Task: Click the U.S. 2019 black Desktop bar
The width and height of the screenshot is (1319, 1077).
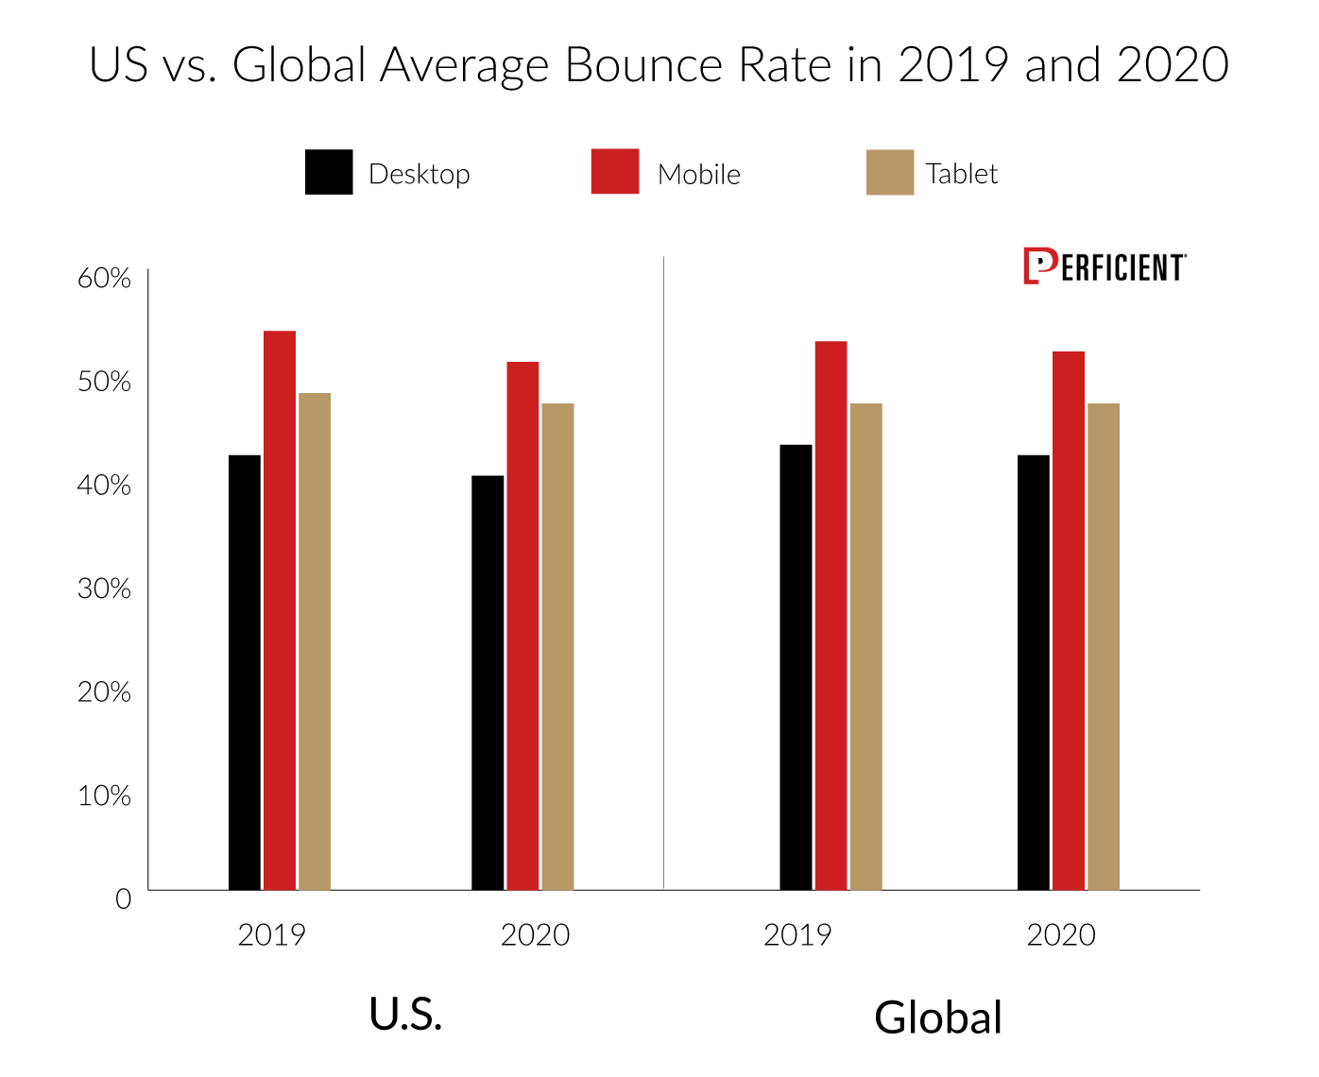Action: click(245, 672)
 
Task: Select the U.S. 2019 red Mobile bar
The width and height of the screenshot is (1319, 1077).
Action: click(280, 610)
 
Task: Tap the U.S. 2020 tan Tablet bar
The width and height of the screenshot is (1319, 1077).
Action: click(557, 646)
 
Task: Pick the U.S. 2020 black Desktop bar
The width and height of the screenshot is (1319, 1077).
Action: click(488, 682)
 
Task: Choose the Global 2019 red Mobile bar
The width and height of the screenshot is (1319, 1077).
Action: click(831, 615)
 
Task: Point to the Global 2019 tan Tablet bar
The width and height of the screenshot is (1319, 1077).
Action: click(866, 646)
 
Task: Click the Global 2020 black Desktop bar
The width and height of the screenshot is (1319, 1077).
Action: click(1034, 672)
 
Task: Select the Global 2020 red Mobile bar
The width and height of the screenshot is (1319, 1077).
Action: click(1069, 621)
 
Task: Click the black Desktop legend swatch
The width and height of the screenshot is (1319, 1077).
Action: click(329, 172)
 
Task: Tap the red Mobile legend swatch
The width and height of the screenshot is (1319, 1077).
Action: click(615, 171)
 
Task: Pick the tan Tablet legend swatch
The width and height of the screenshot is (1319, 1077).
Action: click(890, 172)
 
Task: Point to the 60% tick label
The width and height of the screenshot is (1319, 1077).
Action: click(104, 279)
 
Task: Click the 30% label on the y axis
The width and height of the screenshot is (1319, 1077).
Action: click(104, 589)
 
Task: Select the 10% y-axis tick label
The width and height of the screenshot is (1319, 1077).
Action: click(104, 795)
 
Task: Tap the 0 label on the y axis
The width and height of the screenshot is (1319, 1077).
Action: click(123, 898)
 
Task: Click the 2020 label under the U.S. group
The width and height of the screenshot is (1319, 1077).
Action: click(535, 935)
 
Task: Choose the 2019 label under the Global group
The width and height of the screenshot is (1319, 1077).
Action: click(797, 935)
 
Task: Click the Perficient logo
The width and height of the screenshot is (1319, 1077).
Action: click(1105, 267)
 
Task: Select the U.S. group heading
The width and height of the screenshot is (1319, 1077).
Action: click(405, 1015)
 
